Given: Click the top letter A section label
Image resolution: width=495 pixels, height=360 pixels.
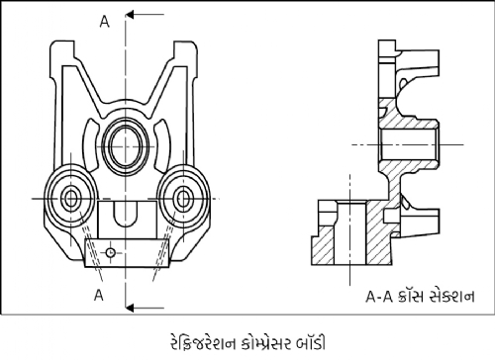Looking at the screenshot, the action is click(x=104, y=22).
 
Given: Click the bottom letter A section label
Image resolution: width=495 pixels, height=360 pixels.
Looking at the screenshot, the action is click(x=99, y=295).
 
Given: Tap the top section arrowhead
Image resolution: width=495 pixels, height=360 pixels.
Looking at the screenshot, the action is click(x=130, y=15).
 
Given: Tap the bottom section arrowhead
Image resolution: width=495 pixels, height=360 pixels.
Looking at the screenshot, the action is click(x=130, y=308).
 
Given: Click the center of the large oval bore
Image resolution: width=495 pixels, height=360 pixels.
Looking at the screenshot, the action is click(x=126, y=146).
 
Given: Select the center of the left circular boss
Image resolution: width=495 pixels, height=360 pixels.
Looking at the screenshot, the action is click(x=70, y=199).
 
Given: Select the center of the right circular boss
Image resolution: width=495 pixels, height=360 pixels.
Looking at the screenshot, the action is click(x=183, y=199).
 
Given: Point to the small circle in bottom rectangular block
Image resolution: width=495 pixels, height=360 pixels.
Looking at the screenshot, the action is click(x=110, y=252).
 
